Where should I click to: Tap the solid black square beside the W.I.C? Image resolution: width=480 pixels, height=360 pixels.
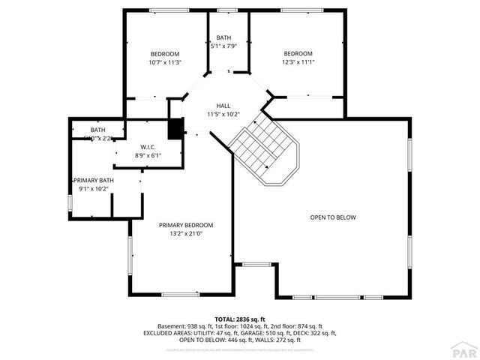pyautogui.click(x=175, y=129)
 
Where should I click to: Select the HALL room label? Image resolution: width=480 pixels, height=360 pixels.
pyautogui.click(x=223, y=106)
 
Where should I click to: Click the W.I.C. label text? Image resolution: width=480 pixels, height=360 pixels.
pyautogui.click(x=147, y=146)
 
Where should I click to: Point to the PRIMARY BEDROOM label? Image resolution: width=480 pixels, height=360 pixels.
pyautogui.click(x=186, y=225)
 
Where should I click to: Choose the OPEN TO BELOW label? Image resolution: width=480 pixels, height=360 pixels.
pyautogui.click(x=333, y=217)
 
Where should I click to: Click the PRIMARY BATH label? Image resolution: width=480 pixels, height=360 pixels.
pyautogui.click(x=93, y=181)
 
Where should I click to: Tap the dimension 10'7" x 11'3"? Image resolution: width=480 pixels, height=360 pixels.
pyautogui.click(x=165, y=62)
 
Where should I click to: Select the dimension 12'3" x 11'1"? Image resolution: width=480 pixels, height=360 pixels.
pyautogui.click(x=297, y=62)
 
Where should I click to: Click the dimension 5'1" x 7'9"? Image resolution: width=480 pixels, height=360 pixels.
pyautogui.click(x=224, y=46)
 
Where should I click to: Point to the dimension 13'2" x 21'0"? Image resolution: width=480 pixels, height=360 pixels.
pyautogui.click(x=186, y=233)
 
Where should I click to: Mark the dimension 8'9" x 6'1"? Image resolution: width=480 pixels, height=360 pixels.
pyautogui.click(x=147, y=155)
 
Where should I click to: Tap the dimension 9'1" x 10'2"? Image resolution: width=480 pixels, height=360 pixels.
pyautogui.click(x=93, y=190)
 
